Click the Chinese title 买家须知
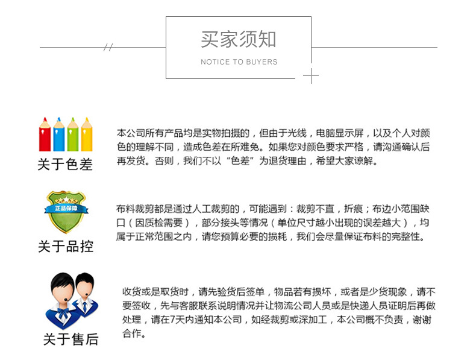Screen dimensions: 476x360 pos(239,39)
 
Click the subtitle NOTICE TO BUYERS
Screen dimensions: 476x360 pos(239,62)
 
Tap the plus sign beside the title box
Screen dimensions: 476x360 pos(311,75)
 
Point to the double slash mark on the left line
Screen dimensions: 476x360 pos(108,47)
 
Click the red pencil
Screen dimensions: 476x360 pos(45,134)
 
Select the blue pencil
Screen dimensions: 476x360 pos(59,134)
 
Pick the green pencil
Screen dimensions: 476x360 pos(73,134)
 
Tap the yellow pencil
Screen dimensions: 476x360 pos(87,134)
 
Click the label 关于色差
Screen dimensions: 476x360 pos(65,165)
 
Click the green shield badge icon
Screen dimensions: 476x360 pos(66,212)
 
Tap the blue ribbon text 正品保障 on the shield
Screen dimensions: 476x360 pos(66,209)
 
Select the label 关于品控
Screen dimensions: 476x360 pos(66,246)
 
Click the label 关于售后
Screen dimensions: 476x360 pos(70,339)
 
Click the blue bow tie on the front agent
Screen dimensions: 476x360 pos(63,312)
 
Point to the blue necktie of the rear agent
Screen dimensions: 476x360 pos(85,306)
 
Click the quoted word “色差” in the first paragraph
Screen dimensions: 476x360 pos(240,160)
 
